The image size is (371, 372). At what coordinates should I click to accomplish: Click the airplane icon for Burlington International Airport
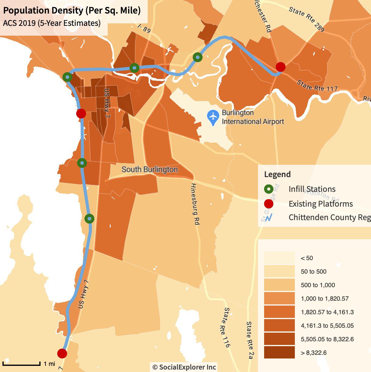(213, 117)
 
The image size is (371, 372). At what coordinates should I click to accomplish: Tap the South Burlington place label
(150, 169)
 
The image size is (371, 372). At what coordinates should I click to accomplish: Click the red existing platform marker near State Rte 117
(280, 67)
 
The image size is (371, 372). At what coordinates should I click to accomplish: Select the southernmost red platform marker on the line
(62, 353)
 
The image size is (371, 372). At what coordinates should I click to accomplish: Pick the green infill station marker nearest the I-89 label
(134, 68)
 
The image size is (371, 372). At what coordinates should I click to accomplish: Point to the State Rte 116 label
(227, 327)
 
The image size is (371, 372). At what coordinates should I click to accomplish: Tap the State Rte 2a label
(250, 340)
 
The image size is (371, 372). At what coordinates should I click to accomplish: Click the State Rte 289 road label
(307, 19)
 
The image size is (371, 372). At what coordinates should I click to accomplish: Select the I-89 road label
(144, 29)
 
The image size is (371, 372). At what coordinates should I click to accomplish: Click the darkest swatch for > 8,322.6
(279, 353)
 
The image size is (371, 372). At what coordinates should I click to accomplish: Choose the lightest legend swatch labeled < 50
(279, 258)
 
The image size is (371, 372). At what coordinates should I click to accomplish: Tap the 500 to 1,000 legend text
(318, 285)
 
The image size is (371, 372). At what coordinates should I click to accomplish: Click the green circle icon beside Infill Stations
(269, 189)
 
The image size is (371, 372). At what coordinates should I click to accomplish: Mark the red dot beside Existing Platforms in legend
(269, 204)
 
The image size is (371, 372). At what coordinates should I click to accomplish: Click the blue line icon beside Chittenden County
(269, 218)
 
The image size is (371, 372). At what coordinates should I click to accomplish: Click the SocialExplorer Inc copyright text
(184, 367)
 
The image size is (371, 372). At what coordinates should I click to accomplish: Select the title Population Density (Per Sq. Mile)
(72, 10)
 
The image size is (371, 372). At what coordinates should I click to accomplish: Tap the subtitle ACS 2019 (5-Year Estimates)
(52, 23)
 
